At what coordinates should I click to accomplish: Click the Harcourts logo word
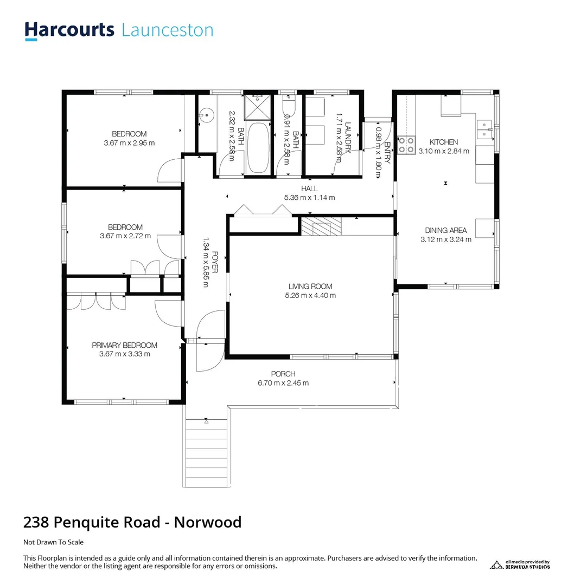coord(69,30)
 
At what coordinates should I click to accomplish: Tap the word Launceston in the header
coord(167,30)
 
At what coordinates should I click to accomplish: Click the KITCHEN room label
coord(443,142)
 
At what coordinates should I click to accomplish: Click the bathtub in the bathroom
coord(258,148)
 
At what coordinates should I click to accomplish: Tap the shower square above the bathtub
coord(257,107)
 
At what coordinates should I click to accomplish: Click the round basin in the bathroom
coord(205,115)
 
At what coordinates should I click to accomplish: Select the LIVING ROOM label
coord(310,287)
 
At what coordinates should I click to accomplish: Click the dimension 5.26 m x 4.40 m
coord(310,296)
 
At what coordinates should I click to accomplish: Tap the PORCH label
coord(283,374)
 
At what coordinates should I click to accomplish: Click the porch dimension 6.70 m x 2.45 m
coord(283,383)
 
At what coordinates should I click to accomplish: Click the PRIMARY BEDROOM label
coord(124,345)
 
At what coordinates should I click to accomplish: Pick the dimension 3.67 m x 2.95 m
coord(129,143)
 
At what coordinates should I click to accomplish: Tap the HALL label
coord(309,188)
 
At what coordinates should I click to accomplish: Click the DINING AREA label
coord(445,230)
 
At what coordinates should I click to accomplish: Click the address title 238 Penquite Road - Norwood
coord(132,522)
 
